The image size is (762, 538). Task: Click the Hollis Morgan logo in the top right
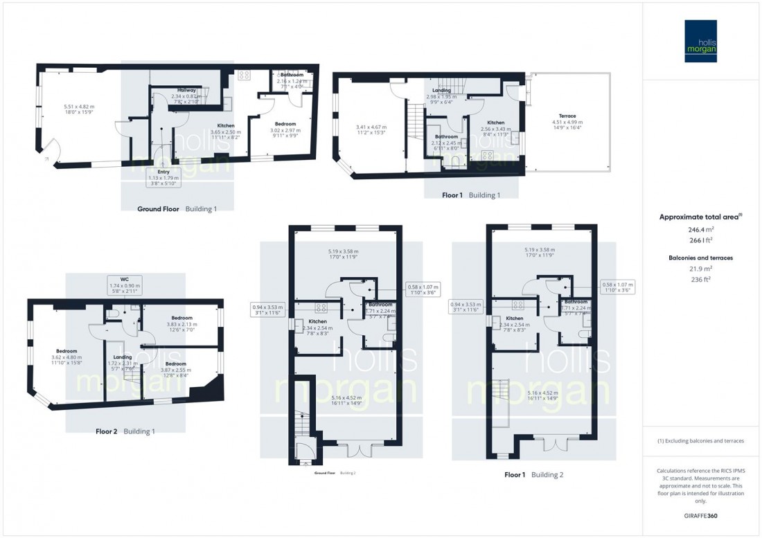pyautogui.click(x=702, y=41)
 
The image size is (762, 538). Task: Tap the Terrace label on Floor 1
pyautogui.click(x=568, y=116)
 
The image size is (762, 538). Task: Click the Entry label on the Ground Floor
pyautogui.click(x=163, y=171)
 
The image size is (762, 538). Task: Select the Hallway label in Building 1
pyautogui.click(x=184, y=90)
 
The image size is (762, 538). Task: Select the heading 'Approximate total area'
pyautogui.click(x=702, y=217)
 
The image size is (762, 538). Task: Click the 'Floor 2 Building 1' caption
pyautogui.click(x=125, y=431)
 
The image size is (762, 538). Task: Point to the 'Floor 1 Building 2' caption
pyautogui.click(x=533, y=476)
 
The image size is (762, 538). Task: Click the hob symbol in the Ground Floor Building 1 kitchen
pyautogui.click(x=244, y=75)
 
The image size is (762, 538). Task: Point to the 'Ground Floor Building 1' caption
pyautogui.click(x=168, y=208)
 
